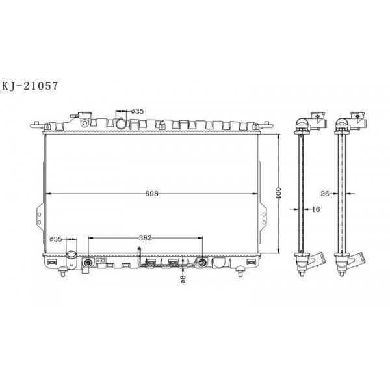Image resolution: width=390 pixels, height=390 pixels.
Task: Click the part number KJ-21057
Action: pos(34,84)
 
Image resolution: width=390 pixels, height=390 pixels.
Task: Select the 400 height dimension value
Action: pos(278,194)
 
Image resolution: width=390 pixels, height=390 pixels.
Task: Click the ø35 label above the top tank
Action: pos(136,112)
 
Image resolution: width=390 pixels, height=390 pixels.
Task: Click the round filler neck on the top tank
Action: pos(121,122)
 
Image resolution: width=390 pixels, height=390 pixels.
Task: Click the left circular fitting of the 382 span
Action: pos(89,263)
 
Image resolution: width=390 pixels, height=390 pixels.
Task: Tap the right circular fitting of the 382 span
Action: pos(202,263)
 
